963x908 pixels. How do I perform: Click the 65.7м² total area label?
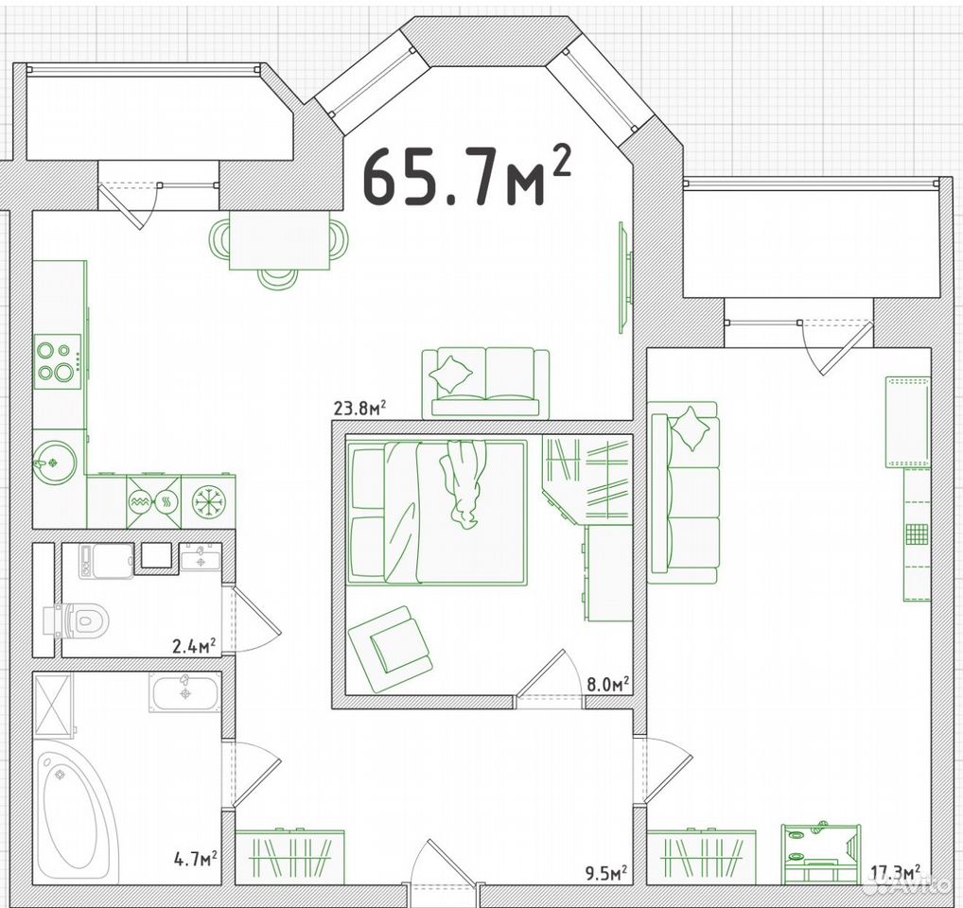(466, 174)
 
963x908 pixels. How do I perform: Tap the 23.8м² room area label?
(359, 408)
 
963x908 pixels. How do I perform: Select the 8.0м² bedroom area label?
(608, 684)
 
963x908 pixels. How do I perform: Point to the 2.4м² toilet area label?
(194, 645)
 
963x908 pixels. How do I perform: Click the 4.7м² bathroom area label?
(195, 858)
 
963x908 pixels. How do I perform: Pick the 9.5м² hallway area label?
(605, 872)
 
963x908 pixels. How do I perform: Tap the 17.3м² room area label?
(896, 871)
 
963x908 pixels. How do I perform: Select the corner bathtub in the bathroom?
(75, 811)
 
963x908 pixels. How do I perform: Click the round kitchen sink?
(55, 463)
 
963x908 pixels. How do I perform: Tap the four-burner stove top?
(57, 361)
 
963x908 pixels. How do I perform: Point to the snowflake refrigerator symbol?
(209, 502)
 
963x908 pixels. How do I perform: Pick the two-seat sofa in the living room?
(486, 382)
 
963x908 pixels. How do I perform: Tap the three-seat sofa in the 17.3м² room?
(684, 492)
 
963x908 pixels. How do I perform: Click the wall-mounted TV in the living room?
(625, 277)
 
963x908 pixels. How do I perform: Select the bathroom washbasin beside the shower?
(184, 693)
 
